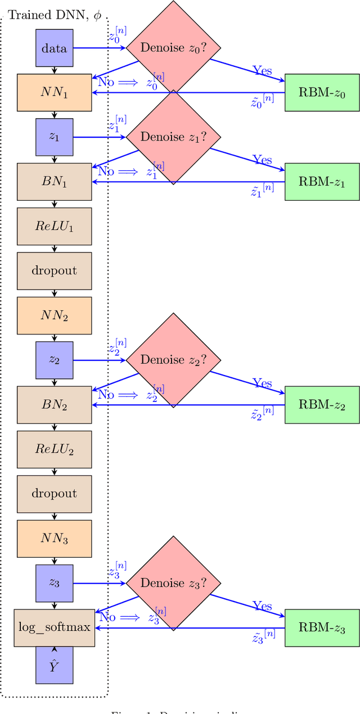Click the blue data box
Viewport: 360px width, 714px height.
click(54, 48)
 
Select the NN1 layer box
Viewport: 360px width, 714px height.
click(54, 93)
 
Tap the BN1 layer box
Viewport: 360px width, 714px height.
click(54, 182)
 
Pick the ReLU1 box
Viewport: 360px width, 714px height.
click(54, 226)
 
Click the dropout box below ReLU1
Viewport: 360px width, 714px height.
click(54, 270)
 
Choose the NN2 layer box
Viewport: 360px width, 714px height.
click(54, 315)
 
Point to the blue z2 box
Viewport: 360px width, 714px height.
click(54, 360)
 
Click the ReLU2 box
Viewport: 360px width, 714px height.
click(54, 449)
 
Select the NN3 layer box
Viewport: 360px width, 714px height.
click(54, 539)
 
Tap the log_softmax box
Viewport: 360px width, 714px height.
click(54, 627)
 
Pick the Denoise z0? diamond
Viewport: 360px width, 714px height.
click(172, 48)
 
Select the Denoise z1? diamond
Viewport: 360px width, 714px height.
click(172, 137)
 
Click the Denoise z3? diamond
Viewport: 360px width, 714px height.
click(172, 583)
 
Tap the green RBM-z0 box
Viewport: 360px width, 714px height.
click(322, 93)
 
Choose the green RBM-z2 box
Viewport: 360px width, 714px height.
click(322, 405)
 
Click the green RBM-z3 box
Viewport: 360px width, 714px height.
click(322, 627)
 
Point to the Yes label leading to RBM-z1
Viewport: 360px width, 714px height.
click(262, 160)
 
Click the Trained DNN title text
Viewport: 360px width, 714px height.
click(54, 16)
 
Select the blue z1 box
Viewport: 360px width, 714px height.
click(54, 137)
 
